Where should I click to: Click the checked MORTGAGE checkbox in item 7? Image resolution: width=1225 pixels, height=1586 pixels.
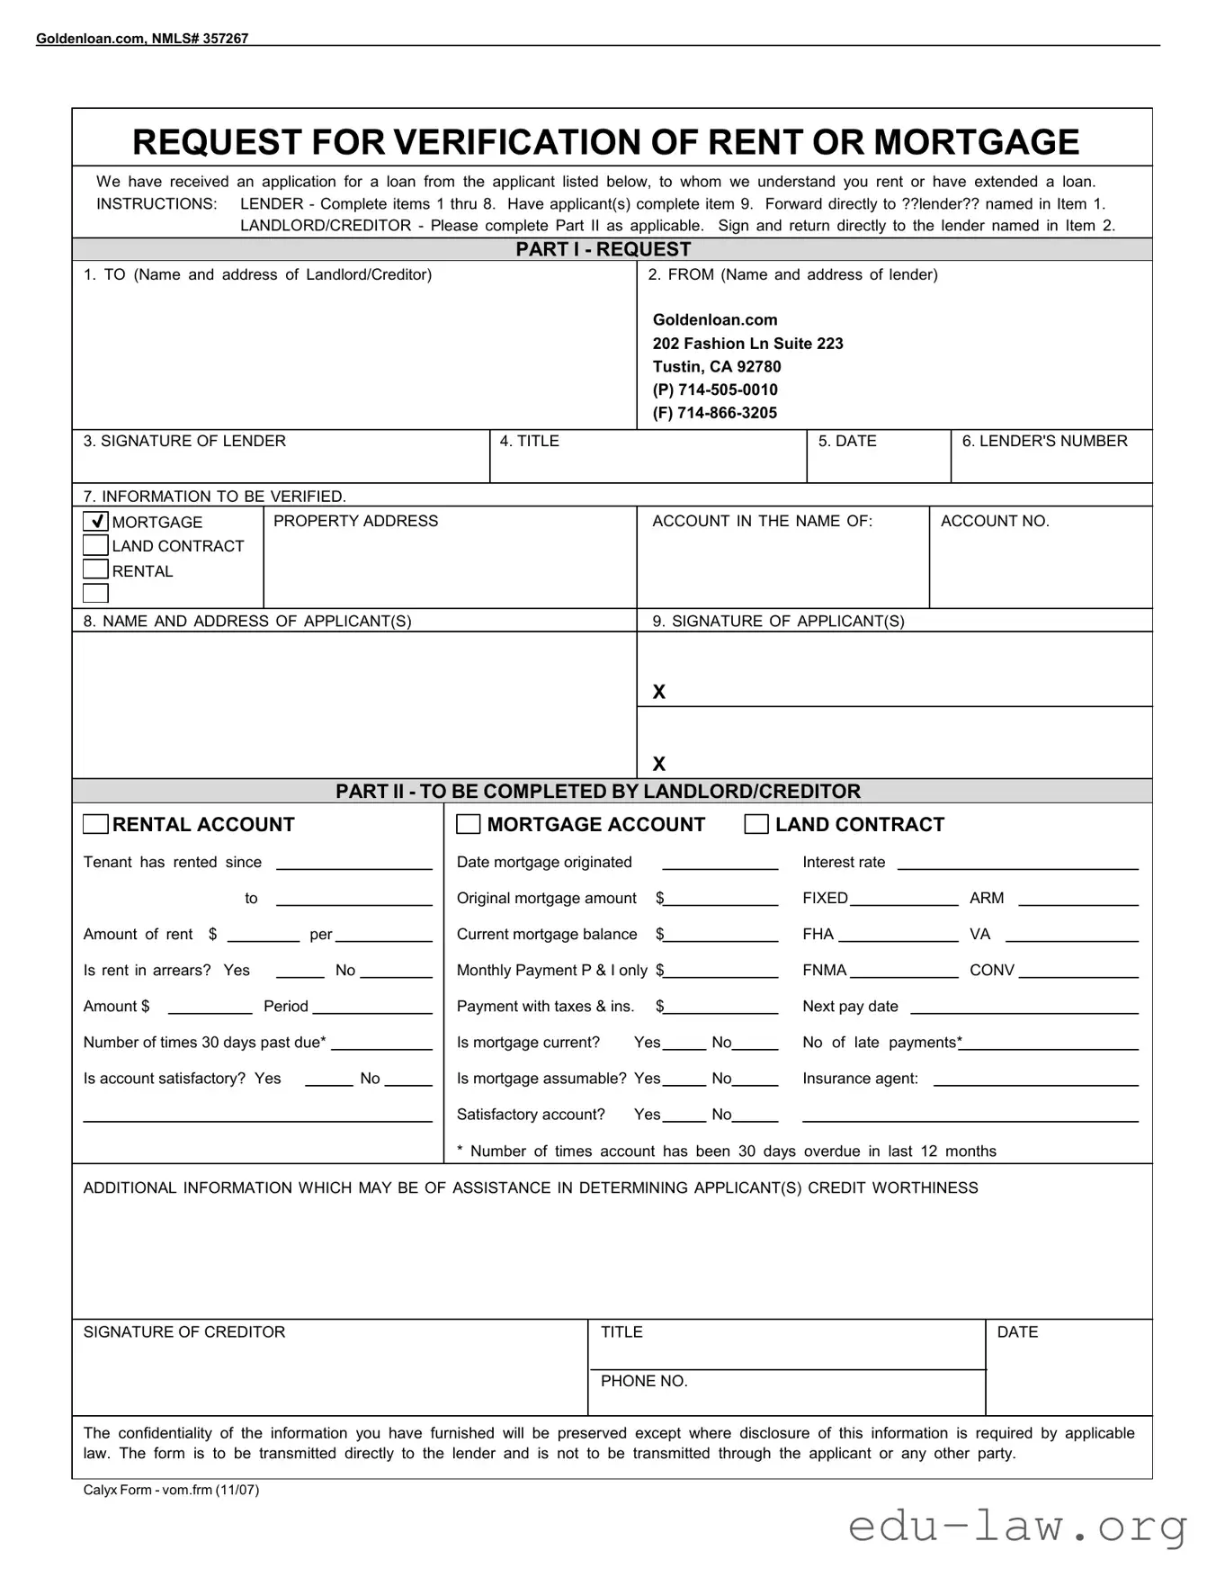click(95, 522)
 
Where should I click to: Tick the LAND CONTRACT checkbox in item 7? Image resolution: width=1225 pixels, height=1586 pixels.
click(95, 546)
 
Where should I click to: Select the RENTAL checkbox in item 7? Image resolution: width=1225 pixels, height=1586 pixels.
click(95, 570)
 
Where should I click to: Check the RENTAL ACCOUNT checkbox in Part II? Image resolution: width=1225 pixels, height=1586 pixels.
click(95, 825)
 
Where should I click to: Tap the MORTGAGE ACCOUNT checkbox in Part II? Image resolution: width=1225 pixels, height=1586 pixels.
click(469, 825)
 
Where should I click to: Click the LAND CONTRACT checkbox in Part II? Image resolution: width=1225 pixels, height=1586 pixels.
click(756, 825)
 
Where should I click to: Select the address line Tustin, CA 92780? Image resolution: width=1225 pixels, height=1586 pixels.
click(717, 366)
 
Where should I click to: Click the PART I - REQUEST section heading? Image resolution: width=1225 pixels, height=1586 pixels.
click(604, 249)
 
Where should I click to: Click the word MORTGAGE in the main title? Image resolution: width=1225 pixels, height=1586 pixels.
click(976, 142)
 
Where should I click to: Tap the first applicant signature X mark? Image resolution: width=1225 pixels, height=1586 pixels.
click(659, 692)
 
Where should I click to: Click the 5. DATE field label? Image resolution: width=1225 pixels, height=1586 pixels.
click(847, 441)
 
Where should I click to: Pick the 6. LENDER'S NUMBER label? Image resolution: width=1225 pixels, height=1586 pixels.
click(1044, 441)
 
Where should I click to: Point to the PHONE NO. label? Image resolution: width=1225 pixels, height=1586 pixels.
click(644, 1381)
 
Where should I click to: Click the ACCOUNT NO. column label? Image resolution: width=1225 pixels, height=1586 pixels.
click(995, 521)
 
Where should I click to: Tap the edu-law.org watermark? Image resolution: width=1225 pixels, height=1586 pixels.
click(1017, 1527)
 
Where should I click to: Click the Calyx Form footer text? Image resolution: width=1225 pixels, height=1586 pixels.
click(171, 1490)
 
